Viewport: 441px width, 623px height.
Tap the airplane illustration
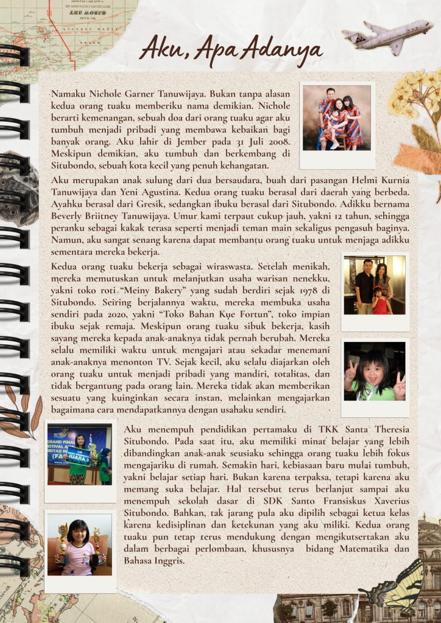[387, 36]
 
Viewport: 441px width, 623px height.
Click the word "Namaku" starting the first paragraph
[69, 94]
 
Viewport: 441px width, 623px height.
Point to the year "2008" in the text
[275, 141]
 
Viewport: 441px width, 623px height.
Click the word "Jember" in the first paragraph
[155, 141]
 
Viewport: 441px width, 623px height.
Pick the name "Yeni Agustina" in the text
[144, 193]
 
